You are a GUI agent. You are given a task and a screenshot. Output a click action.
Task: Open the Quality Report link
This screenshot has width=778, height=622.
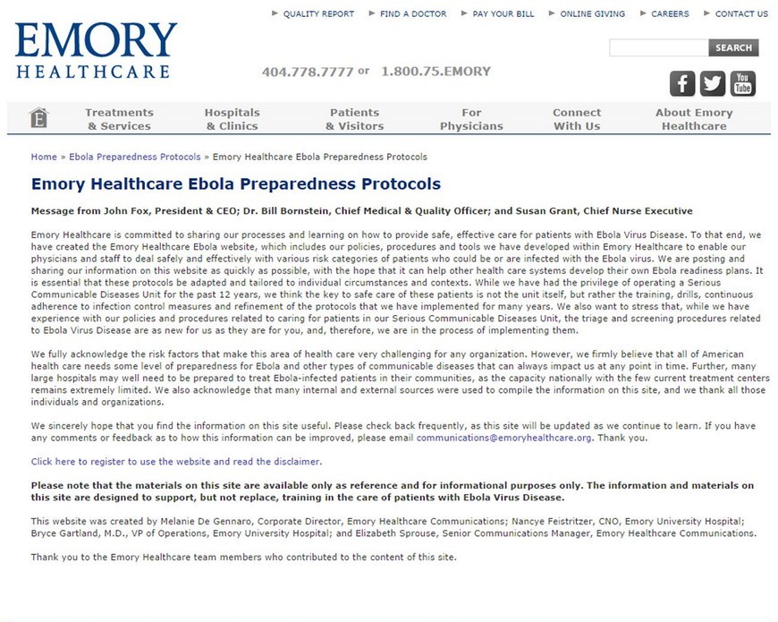click(x=318, y=14)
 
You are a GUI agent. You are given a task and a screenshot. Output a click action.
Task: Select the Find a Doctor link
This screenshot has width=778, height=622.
click(x=412, y=14)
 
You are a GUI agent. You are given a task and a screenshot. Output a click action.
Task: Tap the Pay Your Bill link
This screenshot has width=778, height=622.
click(x=503, y=14)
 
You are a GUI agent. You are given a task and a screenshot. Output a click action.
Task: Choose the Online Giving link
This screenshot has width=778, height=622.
click(x=593, y=14)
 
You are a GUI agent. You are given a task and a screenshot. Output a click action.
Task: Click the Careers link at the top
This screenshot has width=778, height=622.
click(x=670, y=14)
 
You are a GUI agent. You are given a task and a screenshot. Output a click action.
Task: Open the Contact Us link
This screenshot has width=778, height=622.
click(x=741, y=14)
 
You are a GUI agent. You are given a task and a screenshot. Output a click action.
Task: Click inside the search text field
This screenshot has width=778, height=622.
click(x=658, y=48)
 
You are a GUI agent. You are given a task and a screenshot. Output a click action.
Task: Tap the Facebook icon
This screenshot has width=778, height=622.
click(x=682, y=83)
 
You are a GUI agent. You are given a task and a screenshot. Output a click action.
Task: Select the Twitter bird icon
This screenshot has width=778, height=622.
click(x=713, y=83)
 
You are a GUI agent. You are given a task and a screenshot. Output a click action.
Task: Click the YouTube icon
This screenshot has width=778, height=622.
click(x=743, y=83)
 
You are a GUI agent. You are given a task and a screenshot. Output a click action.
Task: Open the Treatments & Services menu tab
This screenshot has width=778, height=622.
click(x=119, y=119)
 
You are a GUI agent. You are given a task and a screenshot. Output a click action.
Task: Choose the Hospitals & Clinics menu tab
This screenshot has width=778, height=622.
click(x=232, y=119)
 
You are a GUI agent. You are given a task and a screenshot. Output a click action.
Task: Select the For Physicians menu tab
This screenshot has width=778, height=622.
click(x=471, y=119)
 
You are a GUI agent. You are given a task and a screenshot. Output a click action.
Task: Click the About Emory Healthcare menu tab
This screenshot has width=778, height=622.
click(x=693, y=119)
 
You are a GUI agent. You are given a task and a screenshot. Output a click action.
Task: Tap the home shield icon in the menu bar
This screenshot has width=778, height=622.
click(x=38, y=118)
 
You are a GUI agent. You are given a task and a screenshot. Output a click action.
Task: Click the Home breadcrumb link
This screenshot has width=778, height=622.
click(x=44, y=157)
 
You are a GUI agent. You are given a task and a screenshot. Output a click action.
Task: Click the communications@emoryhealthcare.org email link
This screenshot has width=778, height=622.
click(x=503, y=438)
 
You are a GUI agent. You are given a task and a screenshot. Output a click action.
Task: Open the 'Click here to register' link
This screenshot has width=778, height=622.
click(x=176, y=462)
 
